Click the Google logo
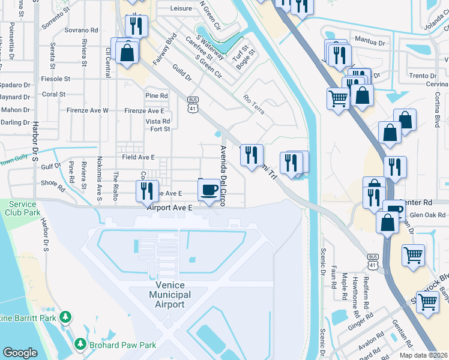tap(20, 353)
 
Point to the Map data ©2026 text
tap(423, 355)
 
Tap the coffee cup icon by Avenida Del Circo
tap(209, 190)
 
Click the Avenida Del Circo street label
tap(223, 176)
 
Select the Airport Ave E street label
tap(169, 207)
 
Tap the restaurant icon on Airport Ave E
tap(147, 191)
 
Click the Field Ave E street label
tap(139, 157)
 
